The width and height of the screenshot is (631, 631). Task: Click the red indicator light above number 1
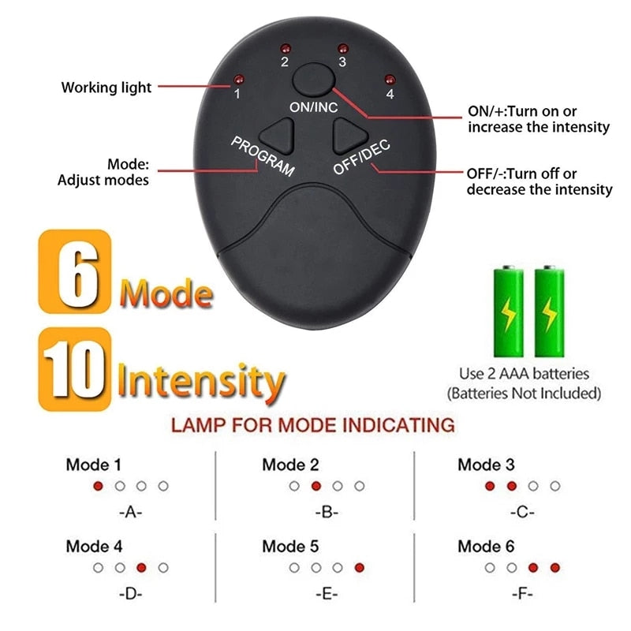coord(237,80)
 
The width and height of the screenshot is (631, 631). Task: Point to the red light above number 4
coord(389,78)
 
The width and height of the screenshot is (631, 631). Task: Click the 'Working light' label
coord(106,88)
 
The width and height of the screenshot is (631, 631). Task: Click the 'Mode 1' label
coord(94,465)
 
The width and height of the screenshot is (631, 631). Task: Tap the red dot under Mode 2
coord(316,486)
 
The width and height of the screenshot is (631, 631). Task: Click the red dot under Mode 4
coord(142,567)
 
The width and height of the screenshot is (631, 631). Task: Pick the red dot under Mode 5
coord(360,567)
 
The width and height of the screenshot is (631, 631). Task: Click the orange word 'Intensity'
coord(200,382)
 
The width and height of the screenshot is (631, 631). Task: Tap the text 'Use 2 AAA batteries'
coord(524,373)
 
